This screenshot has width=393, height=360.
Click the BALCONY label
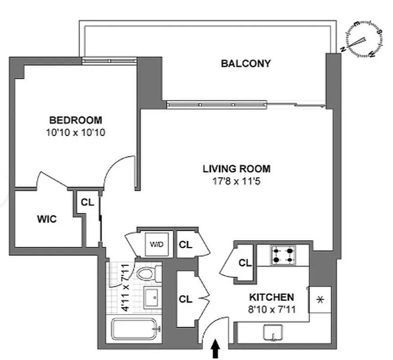click(246, 63)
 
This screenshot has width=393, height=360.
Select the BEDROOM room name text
click(76, 120)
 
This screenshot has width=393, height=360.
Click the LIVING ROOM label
click(237, 169)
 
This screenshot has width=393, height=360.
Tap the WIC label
click(47, 219)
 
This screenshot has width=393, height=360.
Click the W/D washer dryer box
click(157, 245)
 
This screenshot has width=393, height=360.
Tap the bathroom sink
click(152, 297)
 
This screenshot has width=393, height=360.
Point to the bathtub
click(135, 330)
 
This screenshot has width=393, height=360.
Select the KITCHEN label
click(272, 297)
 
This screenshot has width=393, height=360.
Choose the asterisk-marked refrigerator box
click(321, 300)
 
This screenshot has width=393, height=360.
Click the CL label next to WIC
click(87, 202)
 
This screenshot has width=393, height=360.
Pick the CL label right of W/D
click(186, 245)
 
